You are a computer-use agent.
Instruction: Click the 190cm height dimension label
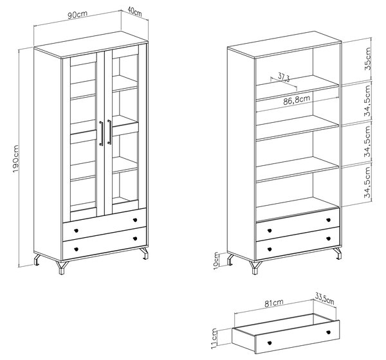pyautogui.click(x=16, y=159)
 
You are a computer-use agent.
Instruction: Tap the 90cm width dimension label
pyautogui.click(x=78, y=14)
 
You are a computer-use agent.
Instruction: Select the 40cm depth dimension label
pyautogui.click(x=135, y=12)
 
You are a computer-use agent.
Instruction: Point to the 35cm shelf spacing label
pyautogui.click(x=367, y=59)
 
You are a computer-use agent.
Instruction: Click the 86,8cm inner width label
pyautogui.click(x=297, y=100)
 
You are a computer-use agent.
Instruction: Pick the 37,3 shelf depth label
pyautogui.click(x=284, y=76)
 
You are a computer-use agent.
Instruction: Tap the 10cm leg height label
pyautogui.click(x=216, y=260)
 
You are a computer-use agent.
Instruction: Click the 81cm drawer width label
pyautogui.click(x=274, y=303)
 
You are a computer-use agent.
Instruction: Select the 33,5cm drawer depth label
pyautogui.click(x=325, y=299)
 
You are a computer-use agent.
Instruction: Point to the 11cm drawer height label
pyautogui.click(x=214, y=338)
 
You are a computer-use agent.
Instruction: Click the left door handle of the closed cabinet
pyautogui.click(x=101, y=133)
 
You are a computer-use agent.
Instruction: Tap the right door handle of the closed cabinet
pyautogui.click(x=109, y=132)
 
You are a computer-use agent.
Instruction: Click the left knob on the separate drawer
pyautogui.click(x=270, y=343)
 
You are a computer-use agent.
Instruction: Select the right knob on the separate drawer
pyautogui.click(x=328, y=332)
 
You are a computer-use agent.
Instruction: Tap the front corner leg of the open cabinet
pyautogui.click(x=255, y=267)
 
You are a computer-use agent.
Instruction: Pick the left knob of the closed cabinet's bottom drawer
pyautogui.click(x=76, y=249)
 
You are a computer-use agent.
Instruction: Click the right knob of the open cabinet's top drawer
pyautogui.click(x=328, y=220)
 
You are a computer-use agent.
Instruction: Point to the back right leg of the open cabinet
pyautogui.click(x=337, y=253)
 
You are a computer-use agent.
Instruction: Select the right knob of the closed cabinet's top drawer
pyautogui.click(x=135, y=220)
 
